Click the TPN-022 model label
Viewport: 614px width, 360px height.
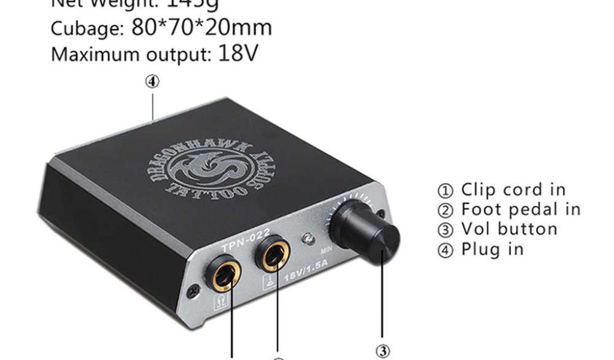[245, 240]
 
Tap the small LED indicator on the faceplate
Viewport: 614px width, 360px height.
[308, 238]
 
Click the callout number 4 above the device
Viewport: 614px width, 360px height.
[153, 82]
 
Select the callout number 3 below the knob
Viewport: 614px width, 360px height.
[384, 350]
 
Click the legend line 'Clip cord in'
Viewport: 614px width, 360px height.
[504, 190]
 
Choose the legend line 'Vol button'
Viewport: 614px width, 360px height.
[499, 229]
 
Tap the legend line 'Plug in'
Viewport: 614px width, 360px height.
[481, 249]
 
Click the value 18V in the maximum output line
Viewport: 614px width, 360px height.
[237, 53]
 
